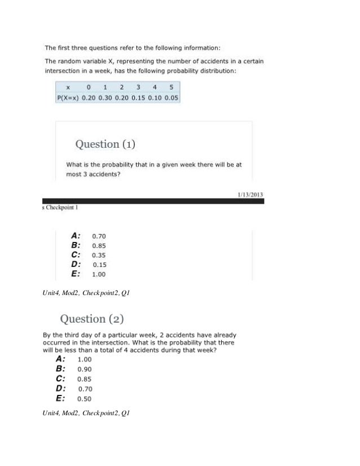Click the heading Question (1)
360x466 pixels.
[106, 144]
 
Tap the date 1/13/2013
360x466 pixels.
[249, 195]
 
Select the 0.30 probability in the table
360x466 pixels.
[106, 98]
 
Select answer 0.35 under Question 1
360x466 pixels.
[99, 255]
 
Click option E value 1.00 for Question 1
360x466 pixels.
[99, 275]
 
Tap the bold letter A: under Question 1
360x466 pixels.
[76, 235]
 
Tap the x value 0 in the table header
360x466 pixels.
[89, 87]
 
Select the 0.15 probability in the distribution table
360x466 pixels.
[138, 98]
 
